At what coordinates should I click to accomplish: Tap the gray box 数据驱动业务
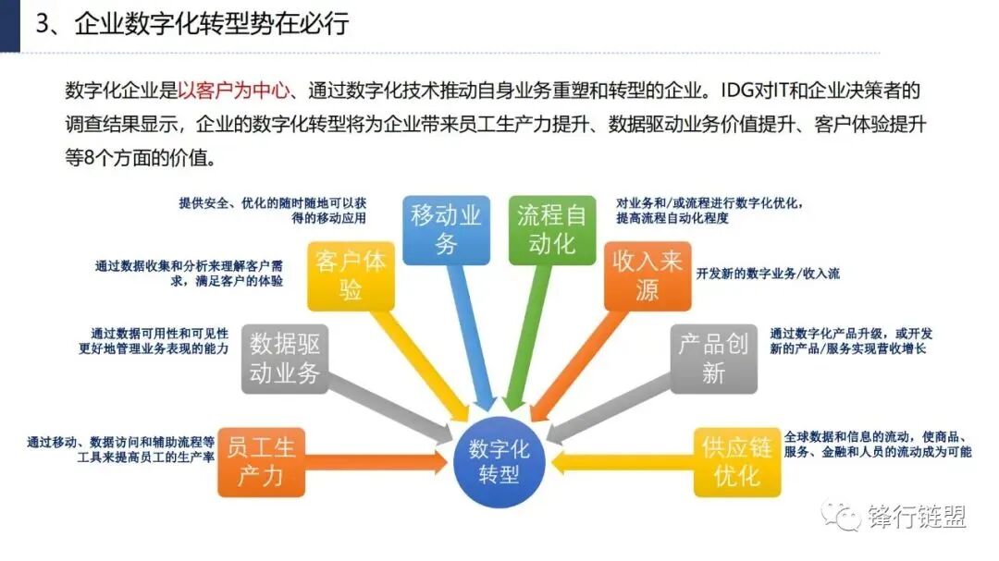click(285, 359)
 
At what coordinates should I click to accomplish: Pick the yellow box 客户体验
click(350, 274)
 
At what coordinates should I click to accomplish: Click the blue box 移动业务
click(447, 230)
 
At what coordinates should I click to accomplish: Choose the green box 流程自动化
click(551, 230)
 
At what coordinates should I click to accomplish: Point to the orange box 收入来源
click(647, 275)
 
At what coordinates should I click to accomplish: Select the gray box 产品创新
click(713, 358)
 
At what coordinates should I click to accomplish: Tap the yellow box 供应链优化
click(736, 461)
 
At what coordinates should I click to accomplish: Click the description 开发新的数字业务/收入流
click(768, 274)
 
